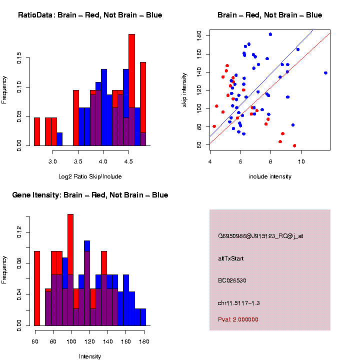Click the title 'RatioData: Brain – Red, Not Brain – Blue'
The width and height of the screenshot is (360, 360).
pyautogui.click(x=90, y=15)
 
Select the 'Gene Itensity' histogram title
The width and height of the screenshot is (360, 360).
pyautogui.click(x=90, y=195)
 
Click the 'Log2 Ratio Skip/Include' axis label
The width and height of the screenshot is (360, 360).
pyautogui.click(x=90, y=176)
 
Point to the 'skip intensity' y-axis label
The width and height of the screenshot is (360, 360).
pyautogui.click(x=190, y=87)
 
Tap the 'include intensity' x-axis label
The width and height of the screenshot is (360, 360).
pyautogui.click(x=270, y=176)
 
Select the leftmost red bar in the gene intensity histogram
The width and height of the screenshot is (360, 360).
pyautogui.click(x=37, y=287)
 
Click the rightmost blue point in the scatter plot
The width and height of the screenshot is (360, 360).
pyautogui.click(x=325, y=73)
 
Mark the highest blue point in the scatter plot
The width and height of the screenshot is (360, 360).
pyautogui.click(x=270, y=34)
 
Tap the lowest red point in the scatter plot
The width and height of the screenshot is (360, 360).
pyautogui.click(x=294, y=145)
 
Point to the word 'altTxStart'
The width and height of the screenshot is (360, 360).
pyautogui.click(x=231, y=258)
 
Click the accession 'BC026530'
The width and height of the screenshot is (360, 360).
pyautogui.click(x=232, y=280)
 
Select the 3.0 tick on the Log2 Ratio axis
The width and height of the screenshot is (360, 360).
pyautogui.click(x=53, y=161)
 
